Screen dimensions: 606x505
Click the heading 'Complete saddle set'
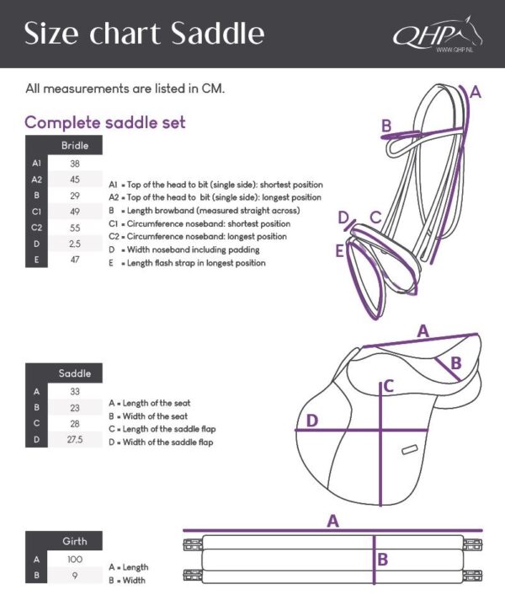click(105, 123)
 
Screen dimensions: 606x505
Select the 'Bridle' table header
click(75, 146)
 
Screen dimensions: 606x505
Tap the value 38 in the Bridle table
click(75, 164)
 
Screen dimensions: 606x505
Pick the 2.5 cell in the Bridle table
click(75, 244)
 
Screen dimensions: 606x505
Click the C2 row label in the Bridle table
click(36, 228)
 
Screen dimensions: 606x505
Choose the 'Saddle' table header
click(75, 373)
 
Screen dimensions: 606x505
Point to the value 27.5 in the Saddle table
click(75, 439)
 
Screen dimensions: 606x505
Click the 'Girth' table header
click(75, 541)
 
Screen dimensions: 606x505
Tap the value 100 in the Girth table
click(75, 559)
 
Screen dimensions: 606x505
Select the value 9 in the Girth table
click(75, 575)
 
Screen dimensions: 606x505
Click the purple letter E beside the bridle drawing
click(339, 250)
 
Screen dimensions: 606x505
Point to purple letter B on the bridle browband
click(386, 126)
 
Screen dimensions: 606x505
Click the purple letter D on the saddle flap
click(311, 420)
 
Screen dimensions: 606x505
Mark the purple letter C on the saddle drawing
click(388, 387)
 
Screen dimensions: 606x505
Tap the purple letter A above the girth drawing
click(333, 521)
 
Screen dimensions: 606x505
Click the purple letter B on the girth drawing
click(381, 558)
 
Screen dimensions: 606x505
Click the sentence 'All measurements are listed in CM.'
click(125, 88)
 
